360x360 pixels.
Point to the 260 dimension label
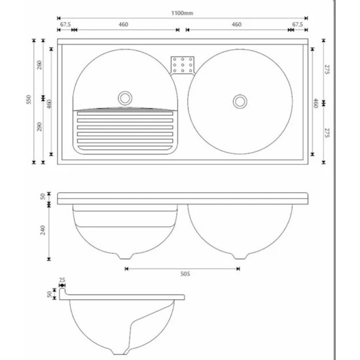pos(41,65)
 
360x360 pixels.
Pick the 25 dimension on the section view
pos(62,281)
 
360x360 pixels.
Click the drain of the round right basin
pos(240,101)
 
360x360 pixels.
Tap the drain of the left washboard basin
pos(124,98)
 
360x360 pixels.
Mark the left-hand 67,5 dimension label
pos(65,24)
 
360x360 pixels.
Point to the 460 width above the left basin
pos(122,24)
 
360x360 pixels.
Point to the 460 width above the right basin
pos(237,24)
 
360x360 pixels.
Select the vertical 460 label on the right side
pos(317,102)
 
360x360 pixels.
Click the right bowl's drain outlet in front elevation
pos(240,255)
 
